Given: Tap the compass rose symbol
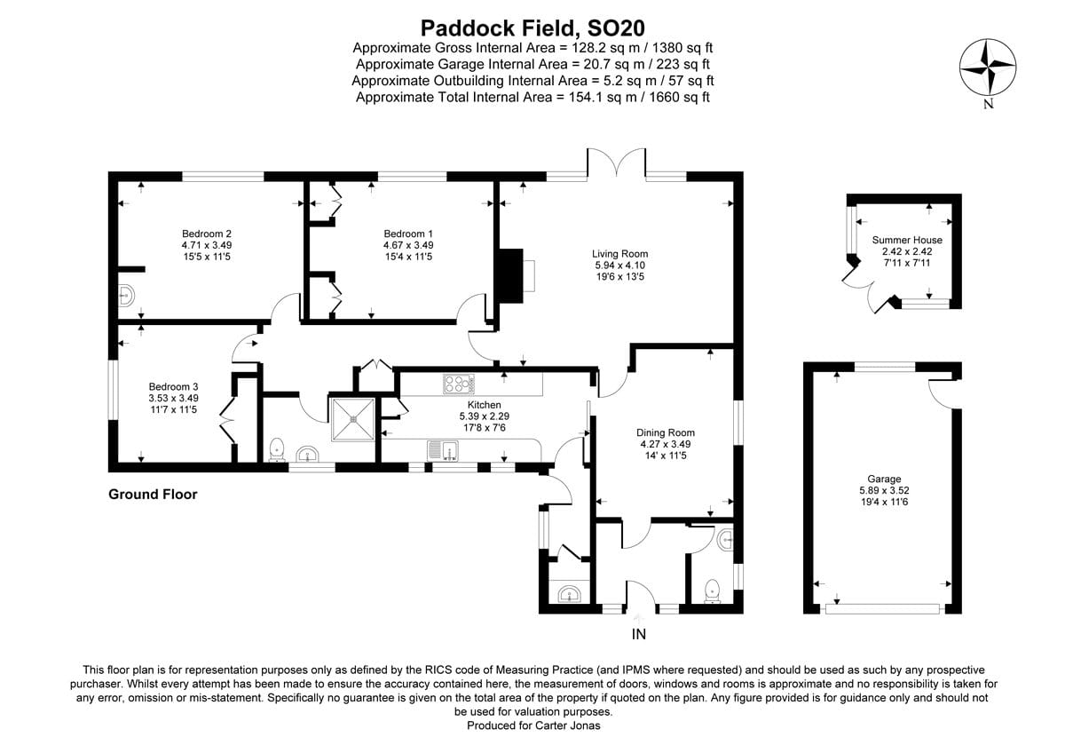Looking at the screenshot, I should pos(987,68).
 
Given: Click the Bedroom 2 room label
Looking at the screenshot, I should pos(207,234).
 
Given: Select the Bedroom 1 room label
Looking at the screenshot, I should pos(407,234).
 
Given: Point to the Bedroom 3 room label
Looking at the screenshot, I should pos(173,387).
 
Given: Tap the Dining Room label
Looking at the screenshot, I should pos(666,433).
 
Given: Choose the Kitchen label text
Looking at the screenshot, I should pos(485,405).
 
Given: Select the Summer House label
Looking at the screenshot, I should pos(907,240).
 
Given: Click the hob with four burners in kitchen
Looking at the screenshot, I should pos(459,384).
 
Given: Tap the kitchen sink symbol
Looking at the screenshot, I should pos(441,449).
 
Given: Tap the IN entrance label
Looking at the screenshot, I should pos(638,634).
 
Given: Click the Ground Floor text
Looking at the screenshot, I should pos(153,495).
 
